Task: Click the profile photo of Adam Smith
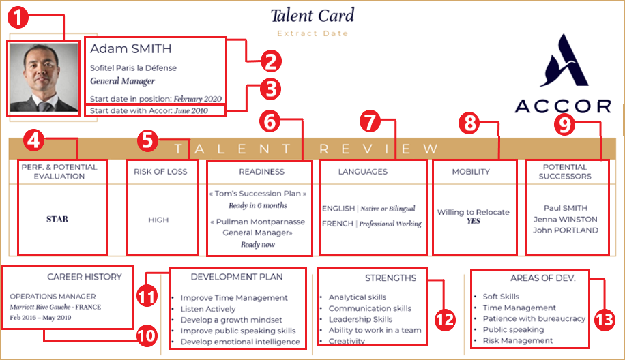click(43, 77)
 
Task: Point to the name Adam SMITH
click(131, 49)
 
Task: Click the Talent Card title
click(312, 15)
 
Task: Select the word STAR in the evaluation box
click(57, 220)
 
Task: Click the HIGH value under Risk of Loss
click(158, 220)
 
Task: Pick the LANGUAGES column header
click(362, 172)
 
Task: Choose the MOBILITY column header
click(471, 172)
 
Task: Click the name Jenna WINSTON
click(566, 219)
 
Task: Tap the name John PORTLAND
click(566, 230)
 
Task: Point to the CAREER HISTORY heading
click(85, 277)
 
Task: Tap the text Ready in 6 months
click(258, 205)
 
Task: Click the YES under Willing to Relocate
click(474, 221)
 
